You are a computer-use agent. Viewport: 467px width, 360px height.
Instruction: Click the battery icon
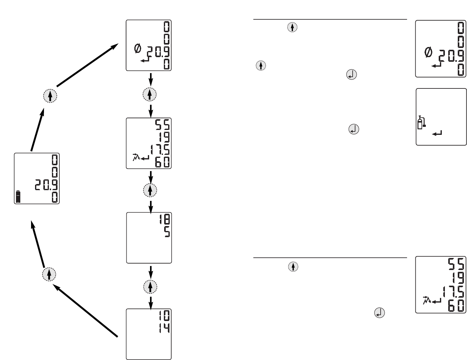[18, 197]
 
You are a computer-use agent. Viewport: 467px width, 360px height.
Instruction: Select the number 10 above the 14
[164, 316]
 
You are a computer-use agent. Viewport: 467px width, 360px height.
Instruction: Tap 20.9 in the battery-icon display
[46, 185]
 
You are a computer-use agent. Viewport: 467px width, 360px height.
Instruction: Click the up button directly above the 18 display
[150, 190]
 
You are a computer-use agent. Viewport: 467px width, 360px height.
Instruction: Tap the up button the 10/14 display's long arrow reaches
[49, 274]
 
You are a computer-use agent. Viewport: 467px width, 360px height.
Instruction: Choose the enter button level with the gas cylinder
[354, 129]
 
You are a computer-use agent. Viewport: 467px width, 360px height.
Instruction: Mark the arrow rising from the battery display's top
[37, 131]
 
